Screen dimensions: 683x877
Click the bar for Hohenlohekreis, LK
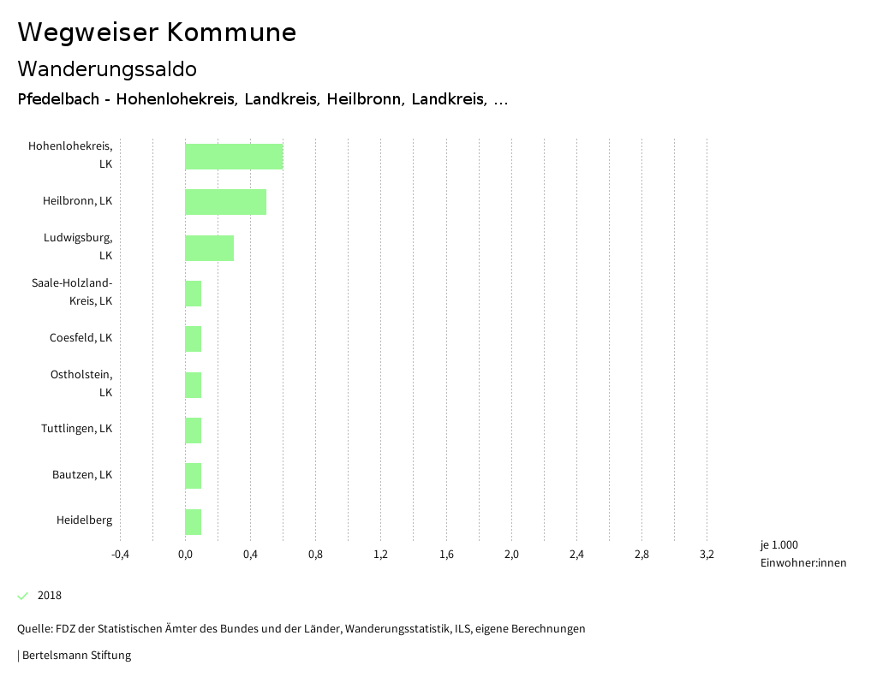click(234, 157)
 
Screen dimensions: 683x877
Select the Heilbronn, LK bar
click(225, 202)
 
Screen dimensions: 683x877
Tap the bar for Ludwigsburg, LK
click(209, 248)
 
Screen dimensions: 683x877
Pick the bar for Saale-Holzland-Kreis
click(194, 294)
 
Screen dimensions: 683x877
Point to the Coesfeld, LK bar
click(194, 339)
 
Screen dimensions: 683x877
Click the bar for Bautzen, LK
click(194, 476)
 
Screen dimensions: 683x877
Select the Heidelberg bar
click(194, 521)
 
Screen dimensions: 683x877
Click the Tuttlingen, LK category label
click(76, 429)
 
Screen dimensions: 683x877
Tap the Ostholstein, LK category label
click(81, 383)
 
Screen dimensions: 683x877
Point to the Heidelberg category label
click(84, 520)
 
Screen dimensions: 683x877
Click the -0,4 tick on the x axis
click(120, 555)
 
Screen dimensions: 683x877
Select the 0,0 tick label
click(185, 555)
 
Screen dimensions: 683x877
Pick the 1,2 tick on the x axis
click(381, 555)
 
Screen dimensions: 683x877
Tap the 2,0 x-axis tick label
click(511, 555)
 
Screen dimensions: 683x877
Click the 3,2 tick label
click(707, 555)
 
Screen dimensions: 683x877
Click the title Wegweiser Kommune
click(157, 33)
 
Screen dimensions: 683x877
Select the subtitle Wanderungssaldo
click(107, 68)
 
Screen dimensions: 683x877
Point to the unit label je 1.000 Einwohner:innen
click(802, 554)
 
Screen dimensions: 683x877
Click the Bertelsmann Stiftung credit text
click(75, 656)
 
